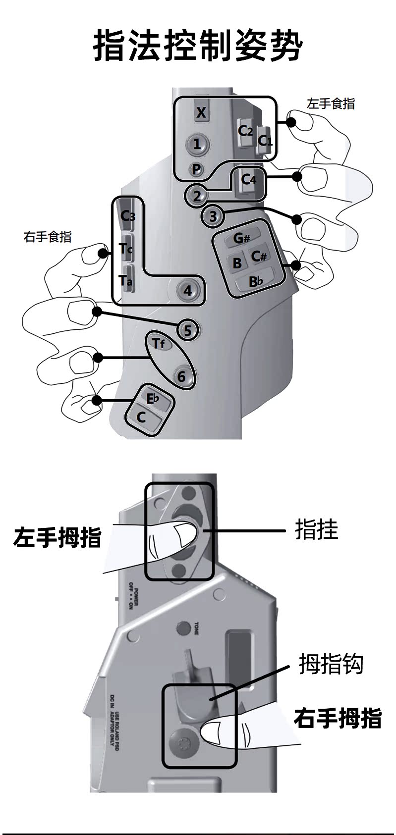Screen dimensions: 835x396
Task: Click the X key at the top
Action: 201,113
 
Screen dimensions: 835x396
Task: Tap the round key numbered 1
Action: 197,144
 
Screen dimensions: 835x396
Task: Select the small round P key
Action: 197,169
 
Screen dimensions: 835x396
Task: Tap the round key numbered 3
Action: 213,216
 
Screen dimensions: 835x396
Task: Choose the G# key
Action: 241,238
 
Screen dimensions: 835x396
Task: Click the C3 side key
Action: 127,216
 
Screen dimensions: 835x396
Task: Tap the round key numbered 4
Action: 187,290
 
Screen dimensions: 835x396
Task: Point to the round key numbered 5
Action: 187,330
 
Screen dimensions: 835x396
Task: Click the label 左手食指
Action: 331,104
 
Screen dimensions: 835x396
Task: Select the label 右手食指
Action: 48,237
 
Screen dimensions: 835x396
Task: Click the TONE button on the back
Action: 184,628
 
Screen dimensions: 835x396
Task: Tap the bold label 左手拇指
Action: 57,537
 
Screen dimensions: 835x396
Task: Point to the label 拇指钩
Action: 331,664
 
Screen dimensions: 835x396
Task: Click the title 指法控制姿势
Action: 198,46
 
